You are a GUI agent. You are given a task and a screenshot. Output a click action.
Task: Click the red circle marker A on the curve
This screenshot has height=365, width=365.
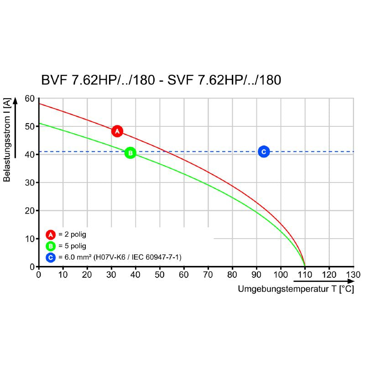[117, 131]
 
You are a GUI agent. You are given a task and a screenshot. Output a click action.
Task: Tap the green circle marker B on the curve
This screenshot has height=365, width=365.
[130, 153]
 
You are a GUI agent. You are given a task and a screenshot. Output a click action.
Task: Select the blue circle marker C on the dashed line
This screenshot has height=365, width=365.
[263, 151]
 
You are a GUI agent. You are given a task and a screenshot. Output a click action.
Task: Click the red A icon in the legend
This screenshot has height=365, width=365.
[51, 235]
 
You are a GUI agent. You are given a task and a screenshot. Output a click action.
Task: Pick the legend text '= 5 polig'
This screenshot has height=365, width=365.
[72, 246]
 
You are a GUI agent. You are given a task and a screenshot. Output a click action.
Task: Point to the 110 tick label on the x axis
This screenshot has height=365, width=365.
[305, 275]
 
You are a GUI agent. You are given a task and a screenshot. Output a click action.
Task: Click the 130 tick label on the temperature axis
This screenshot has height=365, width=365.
[353, 275]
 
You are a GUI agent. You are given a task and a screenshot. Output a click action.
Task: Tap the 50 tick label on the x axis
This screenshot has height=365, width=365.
[160, 275]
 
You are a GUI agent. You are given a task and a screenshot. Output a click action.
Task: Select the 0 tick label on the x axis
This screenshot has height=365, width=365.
[39, 275]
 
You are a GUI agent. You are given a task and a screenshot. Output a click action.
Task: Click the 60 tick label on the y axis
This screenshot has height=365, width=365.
[30, 99]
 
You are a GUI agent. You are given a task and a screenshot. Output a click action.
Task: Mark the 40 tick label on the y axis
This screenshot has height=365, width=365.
[30, 155]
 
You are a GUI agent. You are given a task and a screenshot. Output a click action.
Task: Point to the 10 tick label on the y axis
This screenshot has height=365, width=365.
[30, 239]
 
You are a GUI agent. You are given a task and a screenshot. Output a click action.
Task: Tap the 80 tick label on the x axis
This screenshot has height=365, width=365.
[232, 275]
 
